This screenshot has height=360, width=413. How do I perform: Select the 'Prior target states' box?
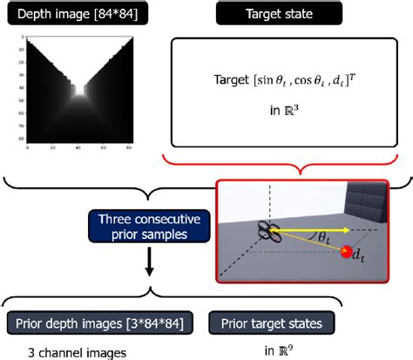[x=267, y=324]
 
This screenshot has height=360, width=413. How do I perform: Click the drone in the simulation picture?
[x=269, y=232]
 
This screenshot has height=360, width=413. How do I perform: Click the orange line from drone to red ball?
[x=308, y=243]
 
